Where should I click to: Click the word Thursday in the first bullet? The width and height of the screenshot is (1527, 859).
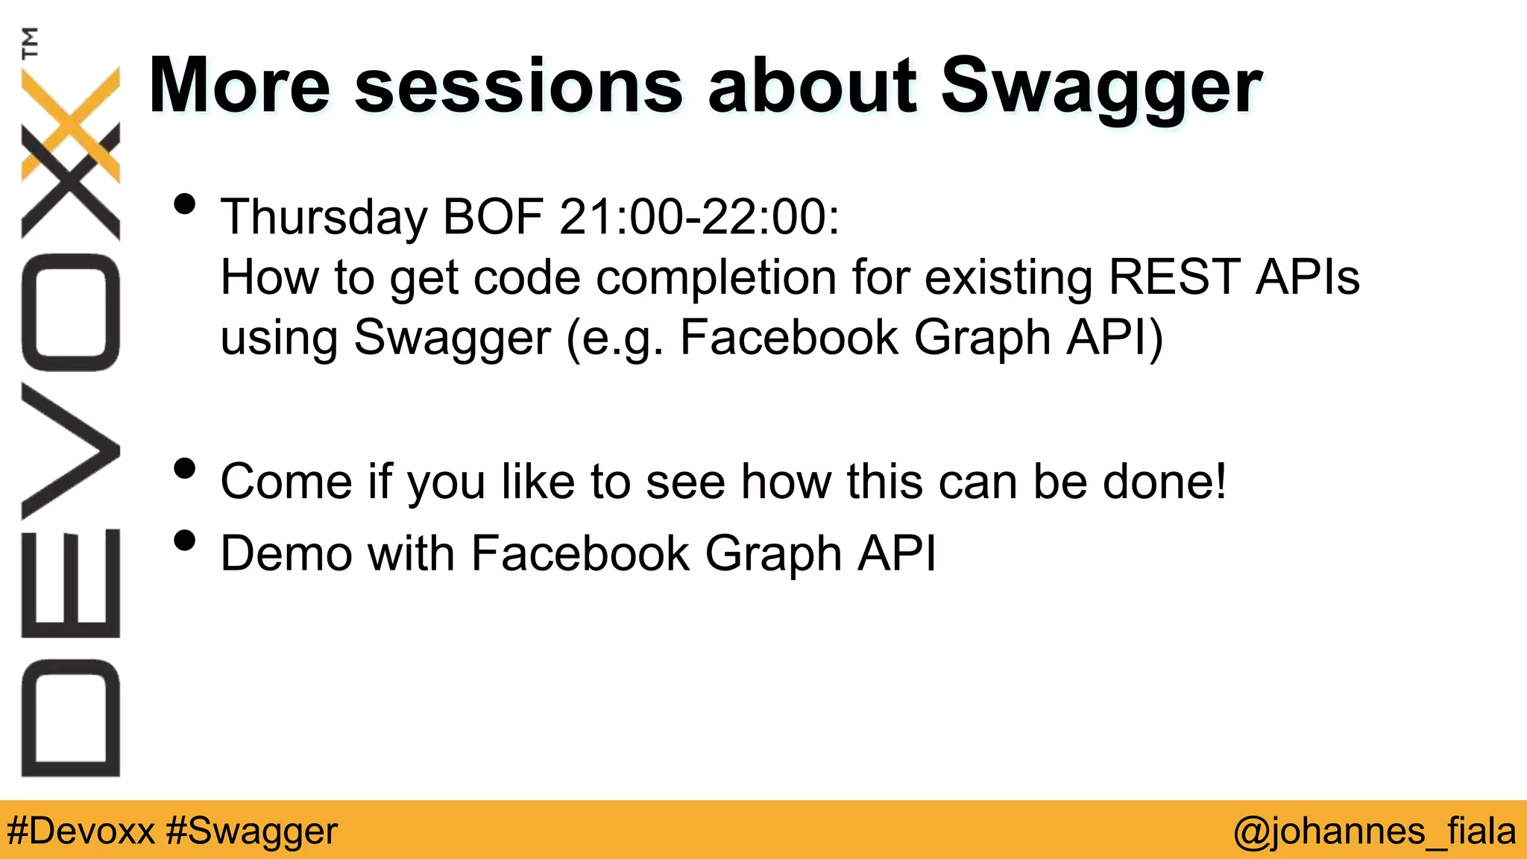[324, 218]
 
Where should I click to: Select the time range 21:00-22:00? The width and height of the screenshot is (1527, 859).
[699, 218]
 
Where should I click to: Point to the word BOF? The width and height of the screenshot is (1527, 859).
[492, 218]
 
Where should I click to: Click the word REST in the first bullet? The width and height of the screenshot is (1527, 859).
[1174, 277]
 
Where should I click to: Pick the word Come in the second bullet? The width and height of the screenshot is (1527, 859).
[286, 482]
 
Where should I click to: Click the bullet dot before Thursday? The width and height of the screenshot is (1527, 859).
[184, 204]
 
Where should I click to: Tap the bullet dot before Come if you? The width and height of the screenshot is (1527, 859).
[184, 468]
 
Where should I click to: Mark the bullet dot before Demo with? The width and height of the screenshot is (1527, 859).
[184, 541]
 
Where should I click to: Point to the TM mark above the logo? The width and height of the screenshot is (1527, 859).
[30, 43]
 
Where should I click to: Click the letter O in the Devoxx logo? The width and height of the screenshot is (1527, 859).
[71, 312]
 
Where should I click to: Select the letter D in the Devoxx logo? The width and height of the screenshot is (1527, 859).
[71, 718]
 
